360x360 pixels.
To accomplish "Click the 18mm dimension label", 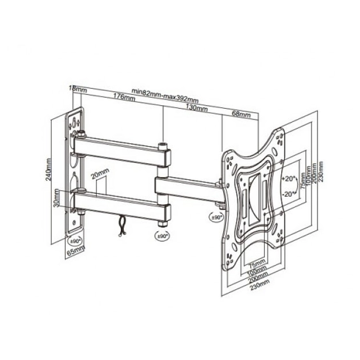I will (x=77, y=89).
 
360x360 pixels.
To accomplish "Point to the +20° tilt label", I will (x=289, y=178).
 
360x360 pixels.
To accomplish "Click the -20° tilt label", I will (x=289, y=194).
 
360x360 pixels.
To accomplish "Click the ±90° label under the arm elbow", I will (x=163, y=235).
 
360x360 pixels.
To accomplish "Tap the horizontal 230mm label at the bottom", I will (x=260, y=284).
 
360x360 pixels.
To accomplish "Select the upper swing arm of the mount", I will (x=121, y=151).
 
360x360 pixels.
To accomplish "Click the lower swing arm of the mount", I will (x=121, y=201).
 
